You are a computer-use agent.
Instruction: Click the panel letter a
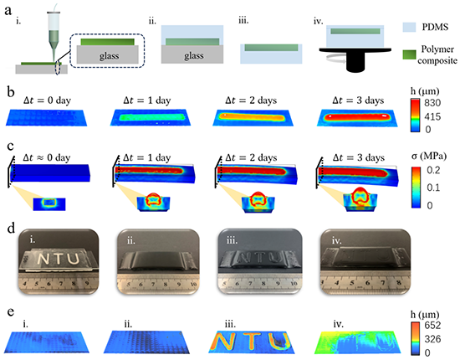(8, 11)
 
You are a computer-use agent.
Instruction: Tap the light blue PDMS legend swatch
(409, 27)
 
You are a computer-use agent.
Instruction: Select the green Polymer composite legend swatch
(409, 54)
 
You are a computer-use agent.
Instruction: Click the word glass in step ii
(194, 55)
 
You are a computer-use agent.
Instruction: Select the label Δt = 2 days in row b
(251, 100)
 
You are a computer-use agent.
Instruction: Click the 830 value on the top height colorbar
(432, 102)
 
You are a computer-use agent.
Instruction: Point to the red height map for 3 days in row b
(357, 118)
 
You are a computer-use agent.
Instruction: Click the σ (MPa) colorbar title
(428, 156)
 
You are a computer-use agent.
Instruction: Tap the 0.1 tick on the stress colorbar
(433, 188)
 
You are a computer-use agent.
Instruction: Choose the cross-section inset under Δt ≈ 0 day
(49, 204)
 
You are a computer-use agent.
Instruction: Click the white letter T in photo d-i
(59, 259)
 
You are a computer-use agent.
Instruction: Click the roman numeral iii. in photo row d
(232, 240)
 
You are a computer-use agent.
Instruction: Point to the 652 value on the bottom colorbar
(432, 325)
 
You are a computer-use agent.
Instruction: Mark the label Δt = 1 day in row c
(146, 158)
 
